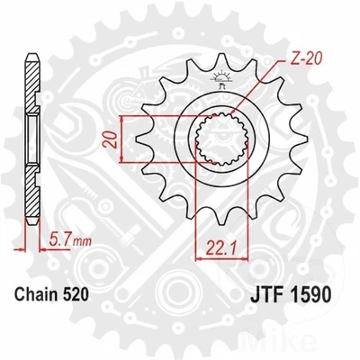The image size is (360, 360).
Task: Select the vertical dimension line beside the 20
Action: (x=118, y=139)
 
